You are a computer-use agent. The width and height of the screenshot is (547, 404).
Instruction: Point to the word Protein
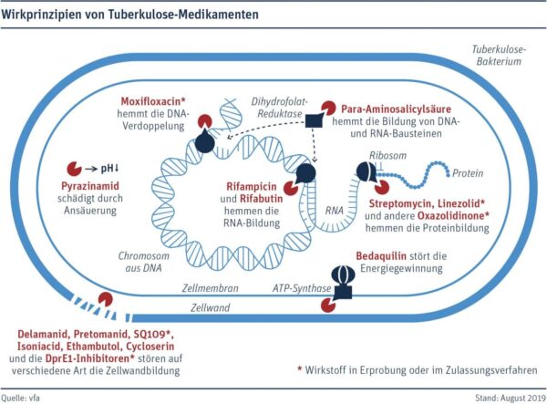pos(469,172)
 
